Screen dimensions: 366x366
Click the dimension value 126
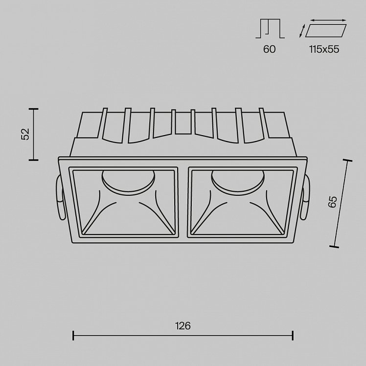183,325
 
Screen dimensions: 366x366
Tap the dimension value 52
25,134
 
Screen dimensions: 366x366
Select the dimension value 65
332,202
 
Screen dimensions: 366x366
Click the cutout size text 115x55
324,49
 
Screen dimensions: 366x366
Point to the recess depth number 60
270,49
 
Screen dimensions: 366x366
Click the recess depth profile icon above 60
270,28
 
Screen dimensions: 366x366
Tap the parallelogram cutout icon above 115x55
326,30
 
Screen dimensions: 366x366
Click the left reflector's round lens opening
128,182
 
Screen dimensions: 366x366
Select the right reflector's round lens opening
238,182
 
